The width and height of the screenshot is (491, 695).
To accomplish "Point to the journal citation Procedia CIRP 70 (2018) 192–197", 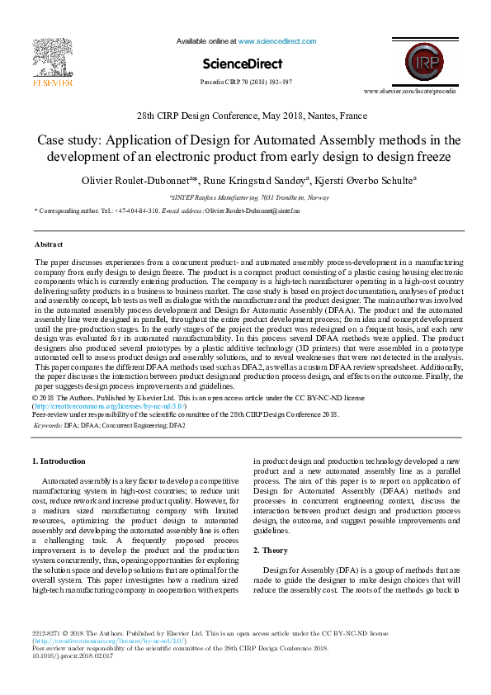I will click(x=246, y=83).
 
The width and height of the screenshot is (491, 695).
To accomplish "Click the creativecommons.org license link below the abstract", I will click(x=110, y=407).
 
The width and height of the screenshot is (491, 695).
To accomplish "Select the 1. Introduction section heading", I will click(x=58, y=461).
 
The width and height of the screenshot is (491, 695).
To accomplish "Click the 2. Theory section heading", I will click(x=271, y=550).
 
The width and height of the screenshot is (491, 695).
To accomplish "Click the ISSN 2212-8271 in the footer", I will click(x=49, y=633).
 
